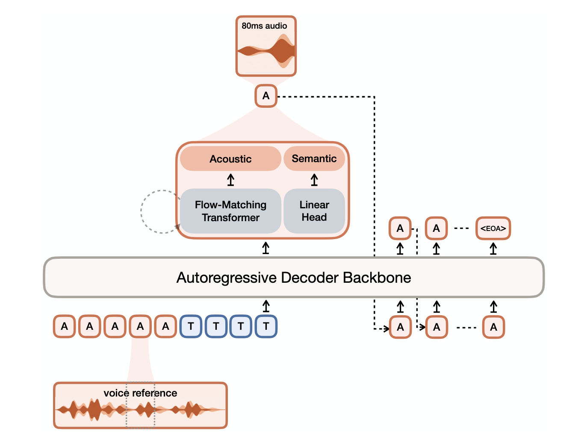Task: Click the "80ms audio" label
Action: pyautogui.click(x=264, y=26)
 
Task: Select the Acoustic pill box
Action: pyautogui.click(x=230, y=159)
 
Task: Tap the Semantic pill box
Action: pyautogui.click(x=314, y=158)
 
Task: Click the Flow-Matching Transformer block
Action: pyautogui.click(x=230, y=211)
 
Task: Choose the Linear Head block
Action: pyautogui.click(x=314, y=211)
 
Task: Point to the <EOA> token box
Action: pyautogui.click(x=493, y=228)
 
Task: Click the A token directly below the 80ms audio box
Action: pyautogui.click(x=266, y=96)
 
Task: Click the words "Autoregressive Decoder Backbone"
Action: pyautogui.click(x=293, y=277)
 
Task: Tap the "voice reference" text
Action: pyautogui.click(x=140, y=393)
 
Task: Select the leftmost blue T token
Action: pyautogui.click(x=191, y=326)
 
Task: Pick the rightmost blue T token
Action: pyautogui.click(x=266, y=326)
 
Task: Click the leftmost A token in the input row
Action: pyautogui.click(x=65, y=326)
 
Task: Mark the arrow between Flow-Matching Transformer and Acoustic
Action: pyautogui.click(x=230, y=180)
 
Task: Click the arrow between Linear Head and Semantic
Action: pyautogui.click(x=314, y=180)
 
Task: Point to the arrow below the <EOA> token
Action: pyautogui.click(x=493, y=249)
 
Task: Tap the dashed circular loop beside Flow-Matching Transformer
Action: pyautogui.click(x=141, y=212)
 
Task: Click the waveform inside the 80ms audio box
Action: pyautogui.click(x=266, y=50)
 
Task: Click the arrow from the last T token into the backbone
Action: pyautogui.click(x=266, y=306)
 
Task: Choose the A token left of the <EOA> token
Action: pyautogui.click(x=436, y=228)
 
